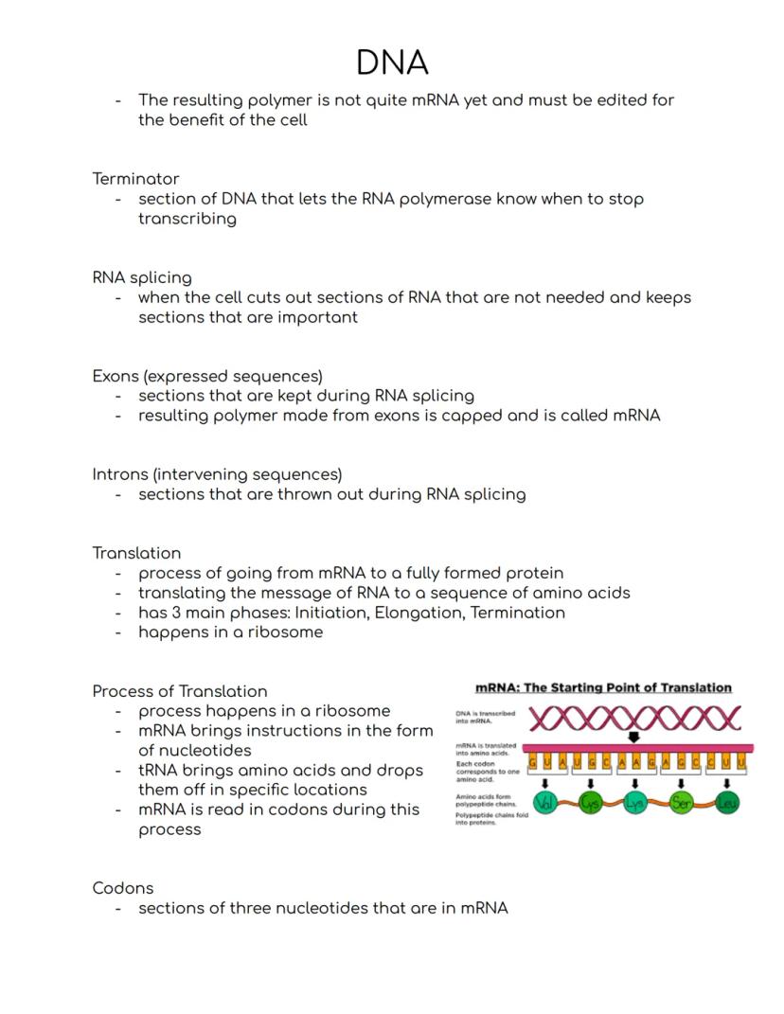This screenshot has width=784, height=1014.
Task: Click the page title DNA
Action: [392, 62]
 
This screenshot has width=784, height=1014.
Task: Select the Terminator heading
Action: [135, 178]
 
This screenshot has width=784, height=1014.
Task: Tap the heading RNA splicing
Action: [142, 277]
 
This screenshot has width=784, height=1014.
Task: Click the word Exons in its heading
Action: [116, 376]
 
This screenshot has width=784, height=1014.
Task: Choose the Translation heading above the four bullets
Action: [136, 552]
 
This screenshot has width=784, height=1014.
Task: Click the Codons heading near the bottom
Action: [123, 887]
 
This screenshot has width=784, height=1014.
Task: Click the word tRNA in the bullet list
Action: [158, 770]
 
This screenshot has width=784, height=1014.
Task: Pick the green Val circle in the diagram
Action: [544, 804]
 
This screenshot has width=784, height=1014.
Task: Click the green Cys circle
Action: [590, 804]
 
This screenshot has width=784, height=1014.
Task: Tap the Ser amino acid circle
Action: [682, 804]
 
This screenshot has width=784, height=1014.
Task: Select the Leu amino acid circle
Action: [726, 804]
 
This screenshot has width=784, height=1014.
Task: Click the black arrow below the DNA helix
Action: [633, 737]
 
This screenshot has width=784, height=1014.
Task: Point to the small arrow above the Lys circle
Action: [635, 783]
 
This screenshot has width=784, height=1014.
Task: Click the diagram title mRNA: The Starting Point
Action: [603, 687]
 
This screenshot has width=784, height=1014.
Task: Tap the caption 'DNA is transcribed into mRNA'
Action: [485, 717]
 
